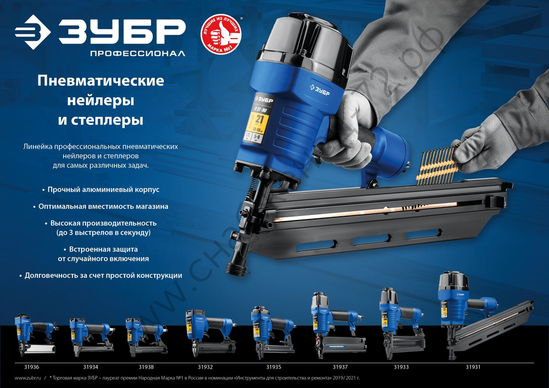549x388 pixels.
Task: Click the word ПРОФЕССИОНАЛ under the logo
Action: (x=130, y=54)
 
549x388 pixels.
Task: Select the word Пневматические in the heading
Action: (x=100, y=81)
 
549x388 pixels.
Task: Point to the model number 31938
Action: (x=146, y=366)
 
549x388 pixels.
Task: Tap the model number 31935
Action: (x=274, y=366)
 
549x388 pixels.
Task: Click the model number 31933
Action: (x=401, y=366)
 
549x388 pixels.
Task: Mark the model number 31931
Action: (x=473, y=366)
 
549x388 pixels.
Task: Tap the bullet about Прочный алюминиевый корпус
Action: (x=100, y=189)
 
